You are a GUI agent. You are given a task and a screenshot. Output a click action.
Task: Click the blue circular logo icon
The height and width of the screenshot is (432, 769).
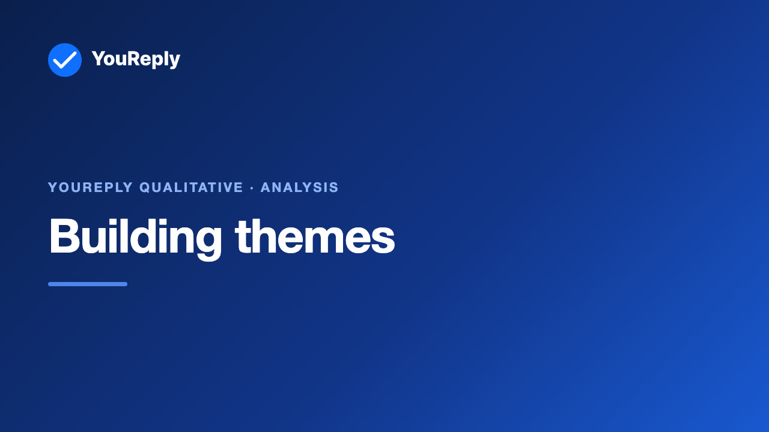(65, 60)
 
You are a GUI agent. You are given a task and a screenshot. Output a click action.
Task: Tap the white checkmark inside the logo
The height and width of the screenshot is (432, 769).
(65, 61)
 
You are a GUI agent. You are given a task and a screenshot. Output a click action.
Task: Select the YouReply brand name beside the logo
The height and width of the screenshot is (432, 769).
(136, 59)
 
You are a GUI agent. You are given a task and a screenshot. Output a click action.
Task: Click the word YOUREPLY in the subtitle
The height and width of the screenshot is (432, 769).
(90, 188)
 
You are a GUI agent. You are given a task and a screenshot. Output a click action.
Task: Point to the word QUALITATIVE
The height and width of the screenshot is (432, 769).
(191, 188)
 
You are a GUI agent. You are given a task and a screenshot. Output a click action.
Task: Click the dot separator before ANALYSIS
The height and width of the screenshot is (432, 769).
(252, 188)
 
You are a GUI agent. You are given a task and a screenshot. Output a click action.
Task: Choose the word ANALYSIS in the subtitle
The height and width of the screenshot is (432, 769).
(299, 188)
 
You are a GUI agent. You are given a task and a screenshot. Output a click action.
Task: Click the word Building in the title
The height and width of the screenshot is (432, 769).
(136, 238)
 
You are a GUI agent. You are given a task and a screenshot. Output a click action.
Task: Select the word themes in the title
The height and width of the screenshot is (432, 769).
(315, 236)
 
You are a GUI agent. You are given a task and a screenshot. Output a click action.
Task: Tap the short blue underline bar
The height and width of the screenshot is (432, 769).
(88, 284)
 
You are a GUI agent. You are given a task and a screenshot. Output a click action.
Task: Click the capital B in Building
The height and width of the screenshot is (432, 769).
(64, 236)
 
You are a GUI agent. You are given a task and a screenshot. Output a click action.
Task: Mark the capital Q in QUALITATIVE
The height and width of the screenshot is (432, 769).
(145, 188)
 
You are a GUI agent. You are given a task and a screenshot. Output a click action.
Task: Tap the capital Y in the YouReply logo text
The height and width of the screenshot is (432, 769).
(98, 58)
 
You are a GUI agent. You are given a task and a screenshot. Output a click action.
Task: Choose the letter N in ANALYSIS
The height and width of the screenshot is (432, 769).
(278, 188)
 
